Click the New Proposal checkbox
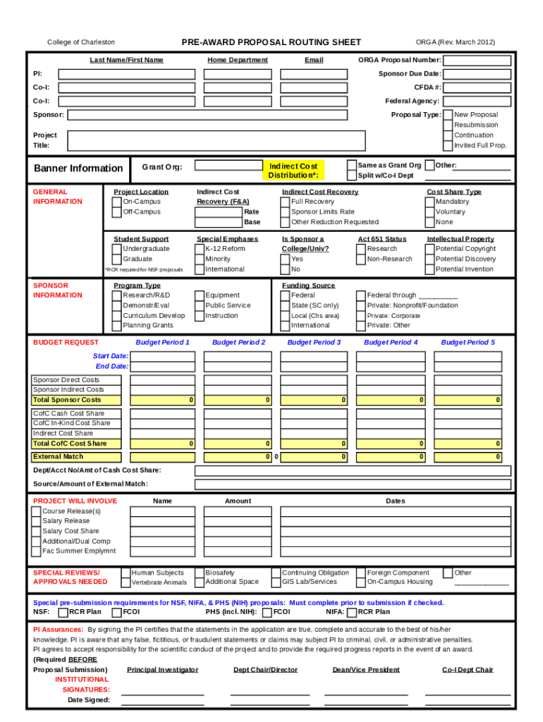448,115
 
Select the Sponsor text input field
207,115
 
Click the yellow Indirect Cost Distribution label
293,171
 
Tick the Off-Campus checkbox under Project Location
118,212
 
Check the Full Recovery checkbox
286,202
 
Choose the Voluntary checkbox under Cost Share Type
430,212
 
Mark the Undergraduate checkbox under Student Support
118,249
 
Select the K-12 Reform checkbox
200,249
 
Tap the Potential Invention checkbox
430,269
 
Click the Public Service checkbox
200,306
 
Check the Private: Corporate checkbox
361,316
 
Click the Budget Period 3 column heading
314,343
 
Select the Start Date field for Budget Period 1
164,357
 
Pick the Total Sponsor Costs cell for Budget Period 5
468,400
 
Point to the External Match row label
58,457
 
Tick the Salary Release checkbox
36,521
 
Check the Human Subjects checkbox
126,573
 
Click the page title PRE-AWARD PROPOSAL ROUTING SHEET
271,42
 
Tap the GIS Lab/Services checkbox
276,582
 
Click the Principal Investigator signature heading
162,670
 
